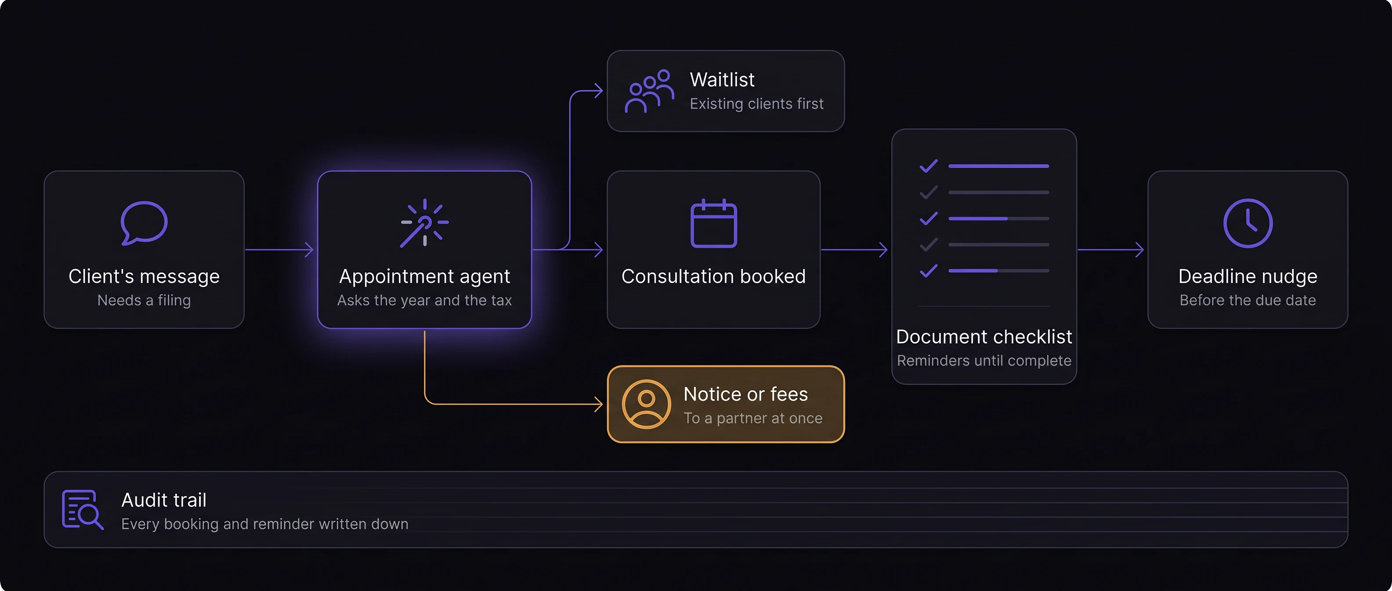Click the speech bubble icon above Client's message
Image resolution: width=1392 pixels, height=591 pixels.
[144, 223]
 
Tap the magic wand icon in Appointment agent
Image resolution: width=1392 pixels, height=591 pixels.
[425, 223]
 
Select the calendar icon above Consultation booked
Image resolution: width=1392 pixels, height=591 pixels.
[713, 223]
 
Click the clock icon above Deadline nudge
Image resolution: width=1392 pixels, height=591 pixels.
[1248, 223]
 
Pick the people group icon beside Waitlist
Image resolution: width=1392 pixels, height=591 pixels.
[649, 91]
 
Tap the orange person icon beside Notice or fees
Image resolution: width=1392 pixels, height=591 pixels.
[646, 404]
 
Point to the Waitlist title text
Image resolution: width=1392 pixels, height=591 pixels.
[722, 80]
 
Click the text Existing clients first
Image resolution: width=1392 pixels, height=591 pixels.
[757, 104]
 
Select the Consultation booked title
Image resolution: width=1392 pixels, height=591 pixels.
[713, 276]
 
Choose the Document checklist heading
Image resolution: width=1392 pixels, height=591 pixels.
[984, 337]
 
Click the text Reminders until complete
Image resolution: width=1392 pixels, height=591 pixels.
[984, 361]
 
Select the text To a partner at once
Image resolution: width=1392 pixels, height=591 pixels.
[753, 418]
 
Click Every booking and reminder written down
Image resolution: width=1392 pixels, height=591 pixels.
[265, 524]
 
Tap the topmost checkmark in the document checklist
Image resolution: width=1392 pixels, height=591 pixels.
[928, 166]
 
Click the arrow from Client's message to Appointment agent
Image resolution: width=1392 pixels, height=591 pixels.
[279, 250]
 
